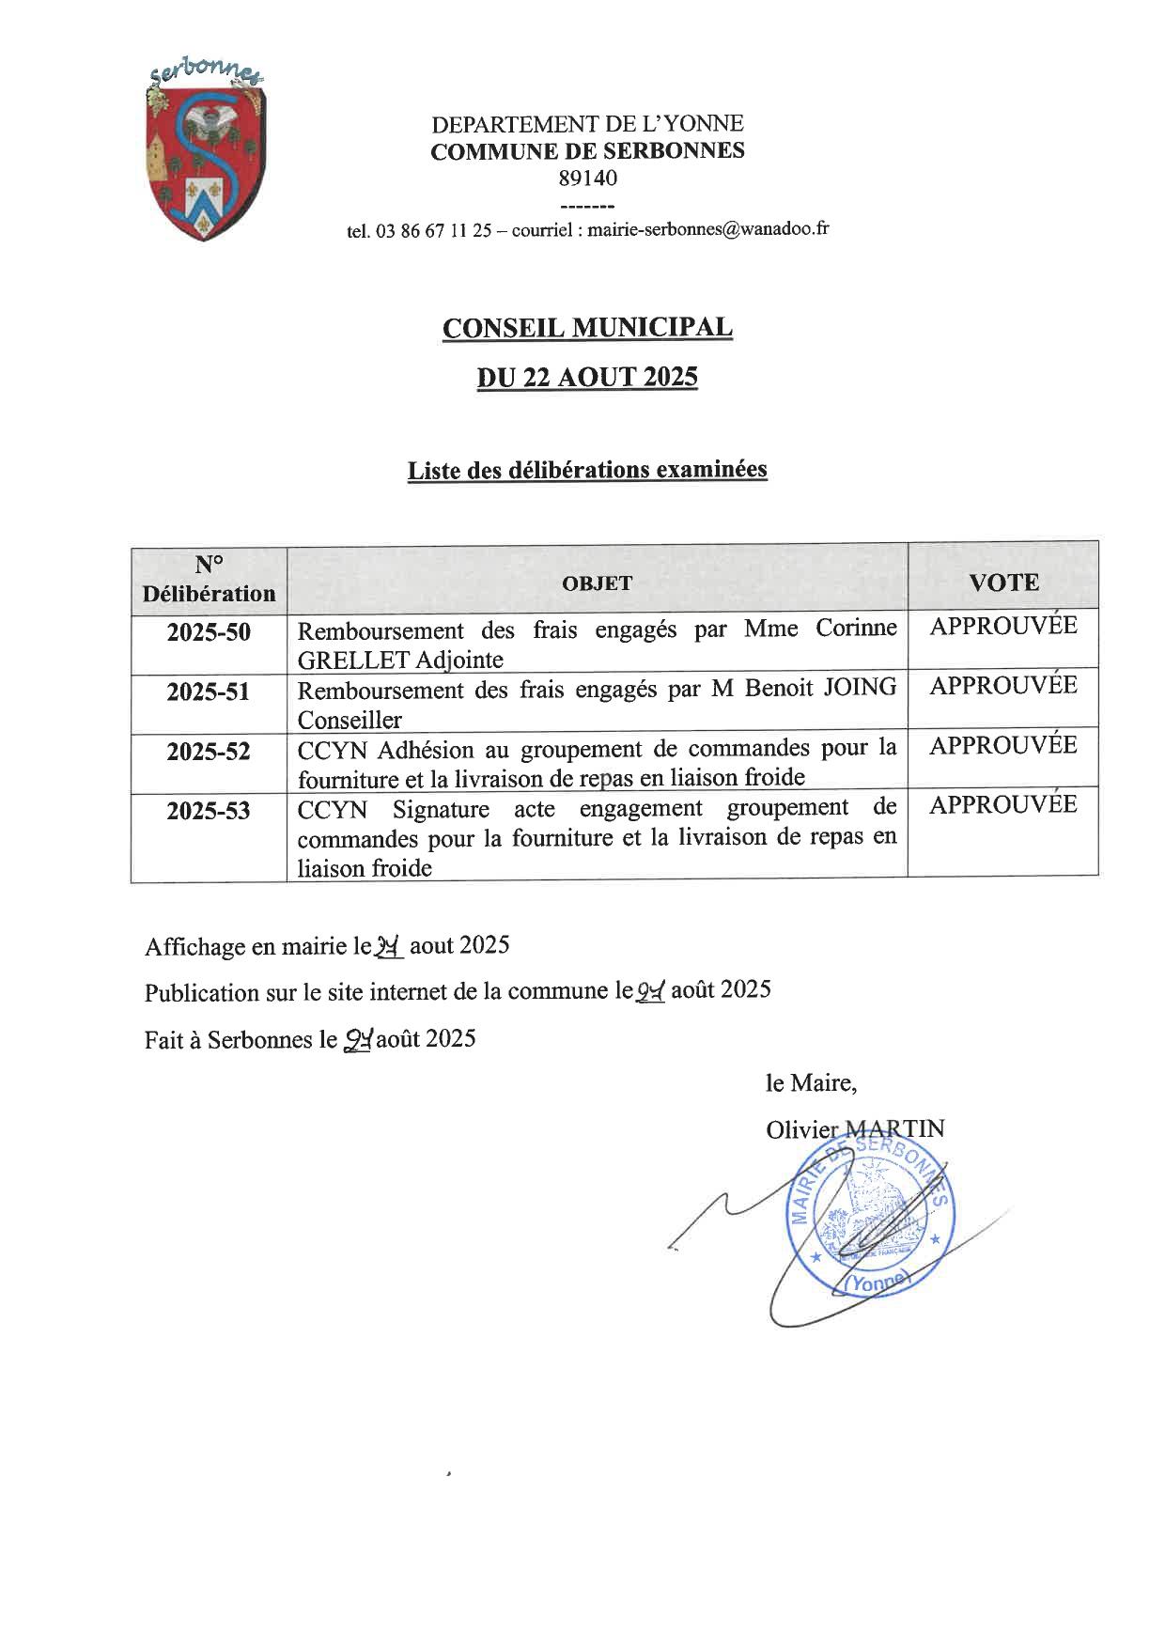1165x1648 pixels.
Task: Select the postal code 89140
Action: tap(587, 178)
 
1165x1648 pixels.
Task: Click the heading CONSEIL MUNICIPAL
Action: tap(587, 328)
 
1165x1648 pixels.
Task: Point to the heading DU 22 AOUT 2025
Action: tap(587, 377)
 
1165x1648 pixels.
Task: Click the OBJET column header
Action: tap(597, 583)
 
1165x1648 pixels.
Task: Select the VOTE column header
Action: tap(1002, 583)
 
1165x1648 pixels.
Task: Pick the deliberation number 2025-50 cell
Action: tap(209, 632)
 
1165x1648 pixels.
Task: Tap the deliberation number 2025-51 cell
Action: tap(209, 692)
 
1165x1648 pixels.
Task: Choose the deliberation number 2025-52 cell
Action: tap(209, 752)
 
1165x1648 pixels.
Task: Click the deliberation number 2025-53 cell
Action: tap(209, 811)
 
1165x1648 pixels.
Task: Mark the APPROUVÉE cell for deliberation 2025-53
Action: tap(1002, 805)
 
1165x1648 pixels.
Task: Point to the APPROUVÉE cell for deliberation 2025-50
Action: tap(1002, 627)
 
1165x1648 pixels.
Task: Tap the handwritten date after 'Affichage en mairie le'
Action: tap(389, 947)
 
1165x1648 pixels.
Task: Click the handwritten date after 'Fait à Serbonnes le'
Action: tap(358, 1040)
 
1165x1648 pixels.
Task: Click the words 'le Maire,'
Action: tap(811, 1083)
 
